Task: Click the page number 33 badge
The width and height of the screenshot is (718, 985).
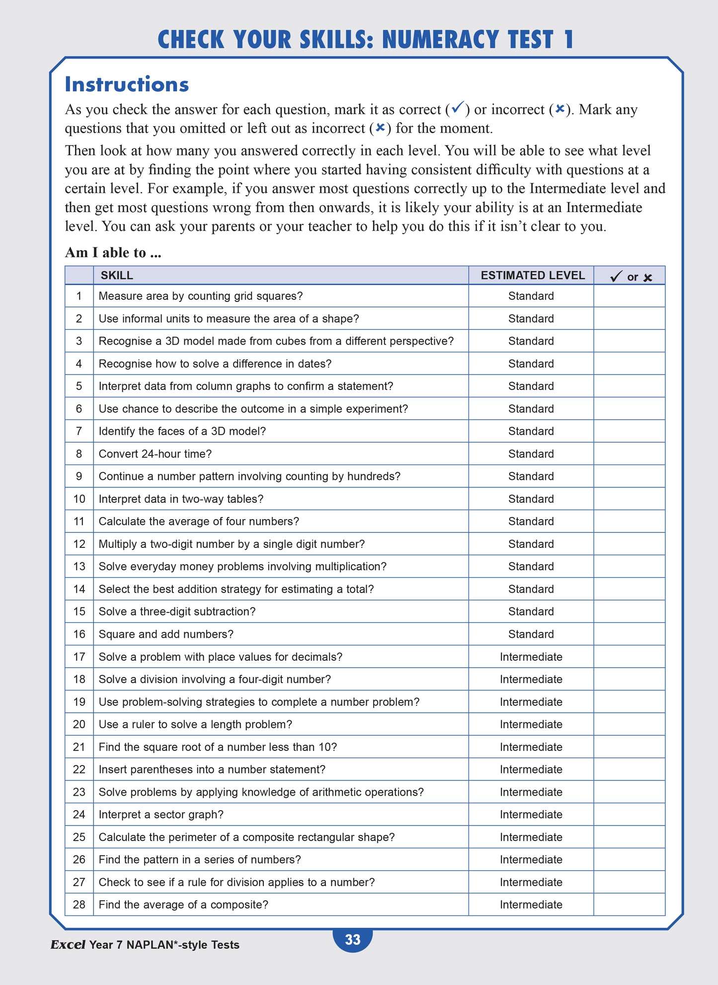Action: [x=352, y=939]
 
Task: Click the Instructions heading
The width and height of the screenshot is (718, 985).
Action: [x=127, y=84]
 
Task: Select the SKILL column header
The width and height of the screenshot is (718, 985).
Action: [x=117, y=276]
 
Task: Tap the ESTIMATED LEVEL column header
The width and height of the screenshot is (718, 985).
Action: [x=532, y=276]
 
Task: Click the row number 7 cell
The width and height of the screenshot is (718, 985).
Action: [x=79, y=431]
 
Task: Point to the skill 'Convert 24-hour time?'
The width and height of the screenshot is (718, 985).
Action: [x=155, y=454]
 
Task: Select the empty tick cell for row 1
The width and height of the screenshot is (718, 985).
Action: [x=629, y=296]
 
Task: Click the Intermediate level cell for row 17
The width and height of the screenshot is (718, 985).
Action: [x=531, y=657]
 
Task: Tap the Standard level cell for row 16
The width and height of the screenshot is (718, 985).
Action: [x=531, y=634]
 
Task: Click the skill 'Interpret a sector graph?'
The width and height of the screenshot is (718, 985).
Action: [x=161, y=815]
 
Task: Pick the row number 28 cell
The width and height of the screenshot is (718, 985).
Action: [x=79, y=905]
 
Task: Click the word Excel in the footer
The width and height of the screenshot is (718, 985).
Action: [x=68, y=945]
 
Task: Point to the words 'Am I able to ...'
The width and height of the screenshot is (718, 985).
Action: [x=113, y=252]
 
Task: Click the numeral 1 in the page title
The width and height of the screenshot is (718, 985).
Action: [x=568, y=40]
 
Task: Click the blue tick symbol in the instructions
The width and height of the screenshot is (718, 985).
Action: [x=458, y=107]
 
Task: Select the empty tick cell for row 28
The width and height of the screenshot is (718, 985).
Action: [x=629, y=905]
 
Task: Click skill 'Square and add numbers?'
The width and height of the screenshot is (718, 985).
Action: [x=166, y=634]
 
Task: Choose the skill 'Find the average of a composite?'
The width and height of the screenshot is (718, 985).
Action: [x=183, y=905]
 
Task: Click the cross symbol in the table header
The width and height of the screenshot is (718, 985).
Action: [x=647, y=278]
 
